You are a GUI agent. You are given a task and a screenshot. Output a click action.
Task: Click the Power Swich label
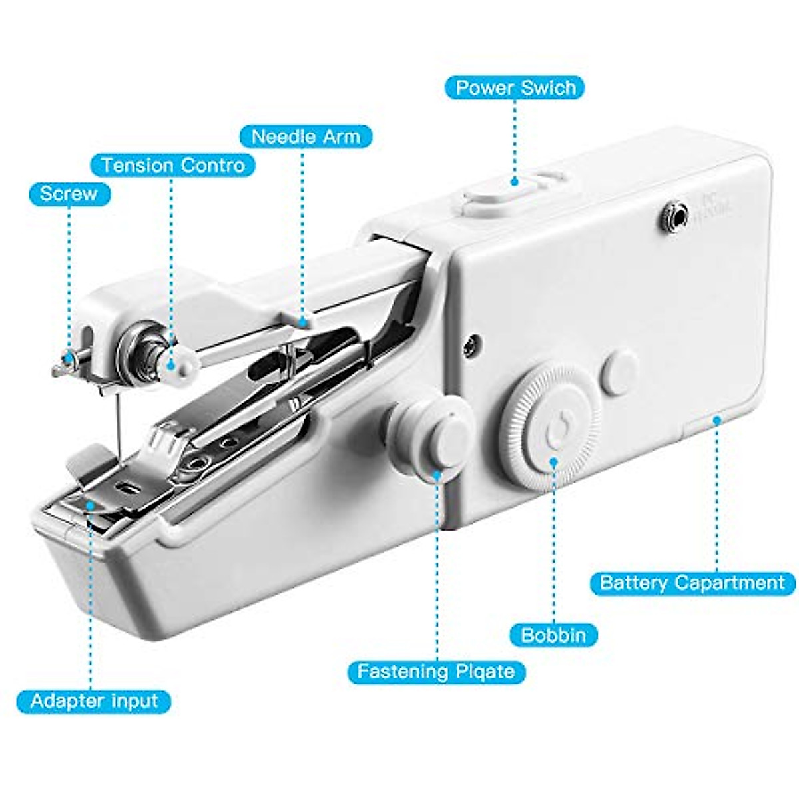pos(515,88)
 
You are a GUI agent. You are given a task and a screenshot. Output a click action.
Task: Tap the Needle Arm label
pos(306,137)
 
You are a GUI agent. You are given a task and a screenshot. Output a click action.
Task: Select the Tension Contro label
pos(173,165)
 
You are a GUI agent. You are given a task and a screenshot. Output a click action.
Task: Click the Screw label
pos(69,194)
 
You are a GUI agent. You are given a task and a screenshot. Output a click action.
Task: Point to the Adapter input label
pos(94,701)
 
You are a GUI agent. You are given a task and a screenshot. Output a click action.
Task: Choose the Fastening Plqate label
pos(436,671)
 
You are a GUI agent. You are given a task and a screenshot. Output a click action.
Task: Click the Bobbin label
pos(553,635)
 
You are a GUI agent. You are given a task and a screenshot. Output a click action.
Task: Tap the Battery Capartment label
pos(692,583)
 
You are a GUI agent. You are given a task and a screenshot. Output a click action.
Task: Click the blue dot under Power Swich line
pos(514,181)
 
